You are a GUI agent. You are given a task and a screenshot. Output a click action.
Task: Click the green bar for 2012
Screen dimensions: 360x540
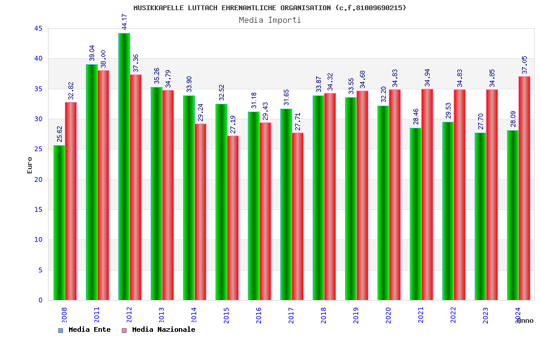click(x=124, y=167)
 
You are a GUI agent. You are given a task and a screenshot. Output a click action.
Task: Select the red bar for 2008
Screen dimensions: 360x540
click(x=71, y=201)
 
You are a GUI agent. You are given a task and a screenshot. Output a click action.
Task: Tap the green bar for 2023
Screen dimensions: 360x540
click(x=480, y=216)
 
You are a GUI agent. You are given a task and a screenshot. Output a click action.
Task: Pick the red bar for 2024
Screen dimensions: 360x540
click(x=524, y=188)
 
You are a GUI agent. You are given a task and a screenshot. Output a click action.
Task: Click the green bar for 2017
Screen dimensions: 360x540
click(x=286, y=204)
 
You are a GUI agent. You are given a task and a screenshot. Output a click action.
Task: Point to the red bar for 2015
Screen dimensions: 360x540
click(x=233, y=218)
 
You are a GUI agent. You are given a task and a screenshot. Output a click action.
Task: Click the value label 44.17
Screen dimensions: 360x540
click(x=125, y=22)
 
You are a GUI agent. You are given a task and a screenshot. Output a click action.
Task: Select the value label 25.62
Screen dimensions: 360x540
click(x=60, y=134)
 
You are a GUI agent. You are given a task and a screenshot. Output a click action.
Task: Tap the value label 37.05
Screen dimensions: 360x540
click(x=525, y=65)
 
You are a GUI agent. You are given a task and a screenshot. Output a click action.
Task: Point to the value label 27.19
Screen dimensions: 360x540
click(x=233, y=124)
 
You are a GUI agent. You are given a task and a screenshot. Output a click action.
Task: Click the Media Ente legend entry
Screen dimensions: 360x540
click(x=85, y=329)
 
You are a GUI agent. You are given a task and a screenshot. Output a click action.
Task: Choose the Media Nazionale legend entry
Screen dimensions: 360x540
click(x=159, y=329)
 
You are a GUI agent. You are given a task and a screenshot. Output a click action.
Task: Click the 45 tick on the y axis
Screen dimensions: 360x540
click(x=38, y=28)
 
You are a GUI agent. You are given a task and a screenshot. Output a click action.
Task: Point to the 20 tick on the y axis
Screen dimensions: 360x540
click(x=38, y=179)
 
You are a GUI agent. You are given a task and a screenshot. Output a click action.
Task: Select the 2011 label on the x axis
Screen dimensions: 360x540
click(x=97, y=315)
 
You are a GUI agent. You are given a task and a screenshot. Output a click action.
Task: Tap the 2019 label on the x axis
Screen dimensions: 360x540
click(x=356, y=315)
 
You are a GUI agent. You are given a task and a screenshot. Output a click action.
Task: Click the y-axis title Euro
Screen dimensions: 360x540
click(x=29, y=165)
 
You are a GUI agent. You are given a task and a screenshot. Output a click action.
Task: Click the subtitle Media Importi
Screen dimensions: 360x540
click(x=270, y=20)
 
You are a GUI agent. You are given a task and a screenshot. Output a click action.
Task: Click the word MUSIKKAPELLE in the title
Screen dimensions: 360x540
click(x=156, y=8)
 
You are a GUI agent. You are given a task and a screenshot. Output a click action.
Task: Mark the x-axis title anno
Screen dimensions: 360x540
click(x=524, y=320)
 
